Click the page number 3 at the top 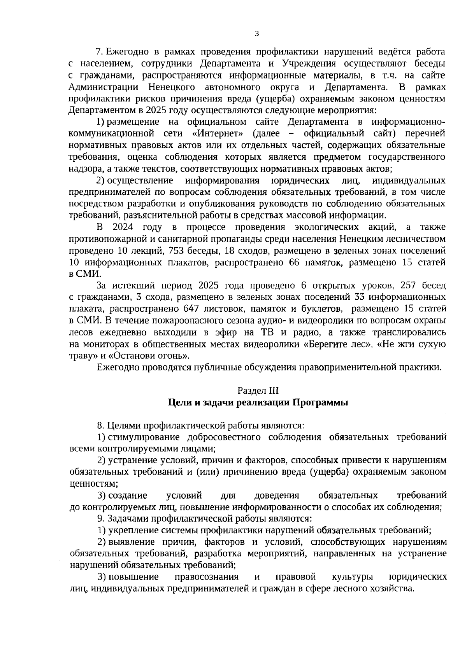[256, 34]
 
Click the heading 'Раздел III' [258, 390]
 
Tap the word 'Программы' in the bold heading [320, 402]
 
